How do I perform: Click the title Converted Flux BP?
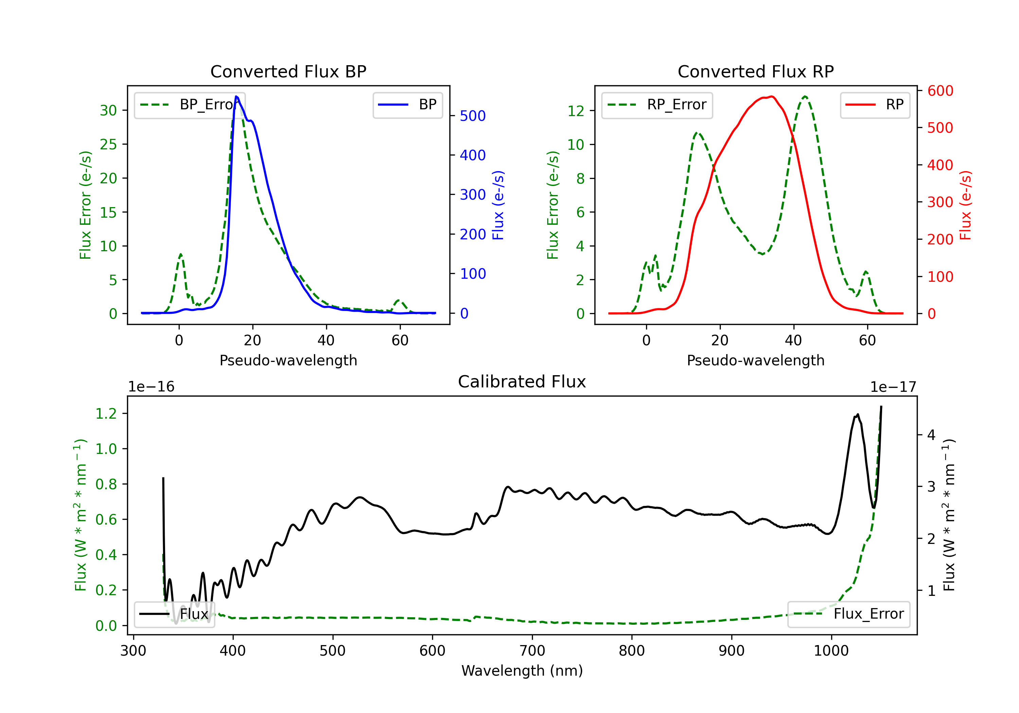(288, 71)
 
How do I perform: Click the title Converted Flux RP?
(755, 71)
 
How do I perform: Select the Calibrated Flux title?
(522, 382)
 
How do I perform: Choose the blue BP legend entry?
(407, 105)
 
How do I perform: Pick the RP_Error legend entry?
(657, 105)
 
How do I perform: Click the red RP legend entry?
(875, 105)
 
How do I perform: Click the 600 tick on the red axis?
(940, 91)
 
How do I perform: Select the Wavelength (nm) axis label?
(522, 671)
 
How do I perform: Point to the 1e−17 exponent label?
(893, 387)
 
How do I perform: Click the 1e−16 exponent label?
(151, 387)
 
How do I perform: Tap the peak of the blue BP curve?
(236, 96)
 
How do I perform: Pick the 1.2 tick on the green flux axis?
(106, 414)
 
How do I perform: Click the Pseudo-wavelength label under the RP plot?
(755, 360)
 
